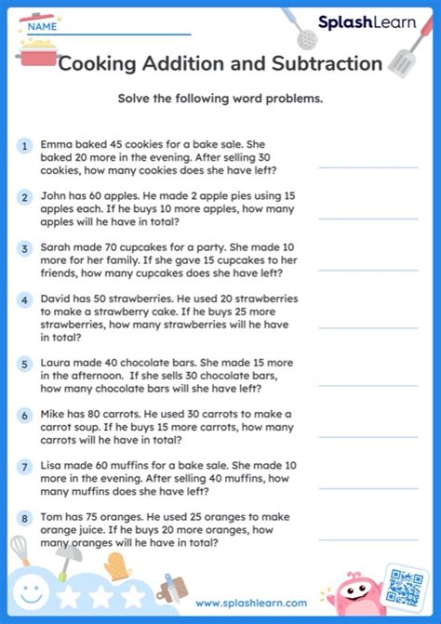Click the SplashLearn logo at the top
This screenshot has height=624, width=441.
(x=367, y=22)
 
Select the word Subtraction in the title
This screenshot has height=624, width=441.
(x=329, y=64)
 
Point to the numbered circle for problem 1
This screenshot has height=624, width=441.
(x=22, y=146)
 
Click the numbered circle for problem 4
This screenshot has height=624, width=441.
(x=22, y=300)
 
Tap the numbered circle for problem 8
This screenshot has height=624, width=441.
(x=22, y=518)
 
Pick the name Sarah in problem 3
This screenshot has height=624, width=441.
(x=57, y=248)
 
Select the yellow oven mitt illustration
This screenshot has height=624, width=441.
(x=115, y=566)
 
